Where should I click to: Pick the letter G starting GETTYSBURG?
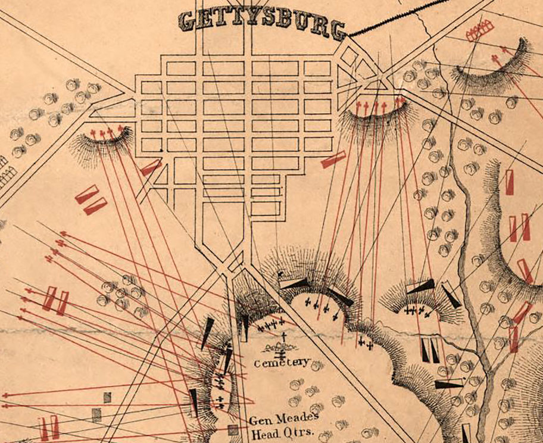point(187,21)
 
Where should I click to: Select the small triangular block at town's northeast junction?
point(375,85)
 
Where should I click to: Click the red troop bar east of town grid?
point(333,160)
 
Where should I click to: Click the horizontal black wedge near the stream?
point(450,385)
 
